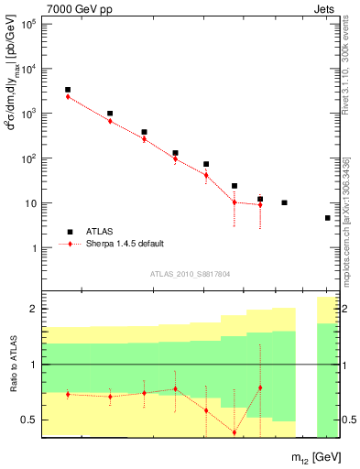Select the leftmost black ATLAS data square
[68, 90]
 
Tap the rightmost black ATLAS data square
[327, 218]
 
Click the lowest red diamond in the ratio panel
[235, 432]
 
